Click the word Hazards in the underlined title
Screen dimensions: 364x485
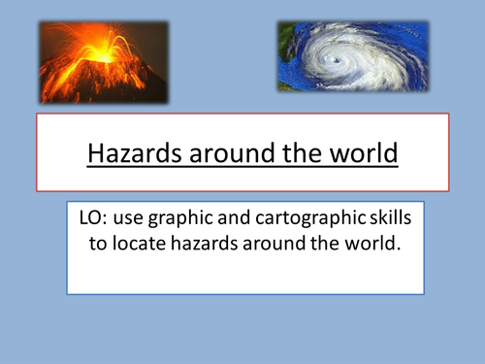[x=127, y=154]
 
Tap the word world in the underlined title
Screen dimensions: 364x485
[x=359, y=154]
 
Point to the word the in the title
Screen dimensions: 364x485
[x=294, y=154]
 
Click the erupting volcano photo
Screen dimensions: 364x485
[x=102, y=63]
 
